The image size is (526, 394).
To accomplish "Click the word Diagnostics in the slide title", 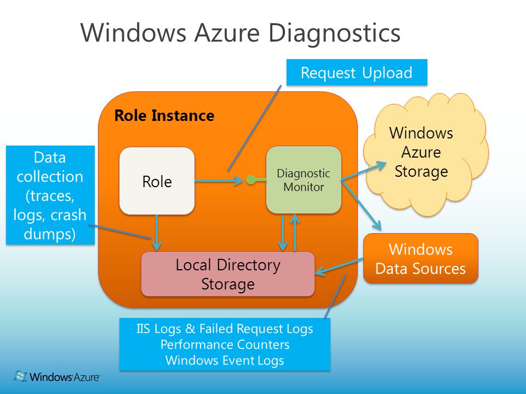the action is point(334,34).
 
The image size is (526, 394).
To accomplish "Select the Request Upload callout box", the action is point(357,72).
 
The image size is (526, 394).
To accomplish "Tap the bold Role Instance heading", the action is point(164,115).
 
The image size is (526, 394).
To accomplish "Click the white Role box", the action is point(157,181).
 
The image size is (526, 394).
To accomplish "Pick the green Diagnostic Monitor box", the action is point(304,180).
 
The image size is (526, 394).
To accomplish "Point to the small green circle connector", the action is point(250,180).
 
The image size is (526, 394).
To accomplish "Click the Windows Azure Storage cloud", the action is point(424,154).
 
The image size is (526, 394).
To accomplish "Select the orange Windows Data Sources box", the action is point(421,259).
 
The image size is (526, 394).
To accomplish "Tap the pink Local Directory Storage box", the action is point(228,274).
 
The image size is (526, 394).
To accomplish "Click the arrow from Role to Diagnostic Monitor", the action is point(219,181).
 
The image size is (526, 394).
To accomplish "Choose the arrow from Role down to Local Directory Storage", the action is point(157,233).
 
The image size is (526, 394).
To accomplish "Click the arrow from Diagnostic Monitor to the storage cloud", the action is point(364,171).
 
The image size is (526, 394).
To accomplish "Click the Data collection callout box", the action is point(50,195).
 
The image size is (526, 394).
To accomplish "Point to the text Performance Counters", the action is point(225,344).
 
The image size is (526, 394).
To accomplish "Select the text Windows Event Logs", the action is point(225,361).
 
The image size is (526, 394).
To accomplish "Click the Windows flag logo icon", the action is point(20,376).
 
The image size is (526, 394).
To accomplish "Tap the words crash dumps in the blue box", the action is point(50,224).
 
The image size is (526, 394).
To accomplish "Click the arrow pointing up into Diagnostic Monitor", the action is point(295,233).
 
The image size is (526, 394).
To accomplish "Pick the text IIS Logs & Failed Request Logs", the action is point(225,329).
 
